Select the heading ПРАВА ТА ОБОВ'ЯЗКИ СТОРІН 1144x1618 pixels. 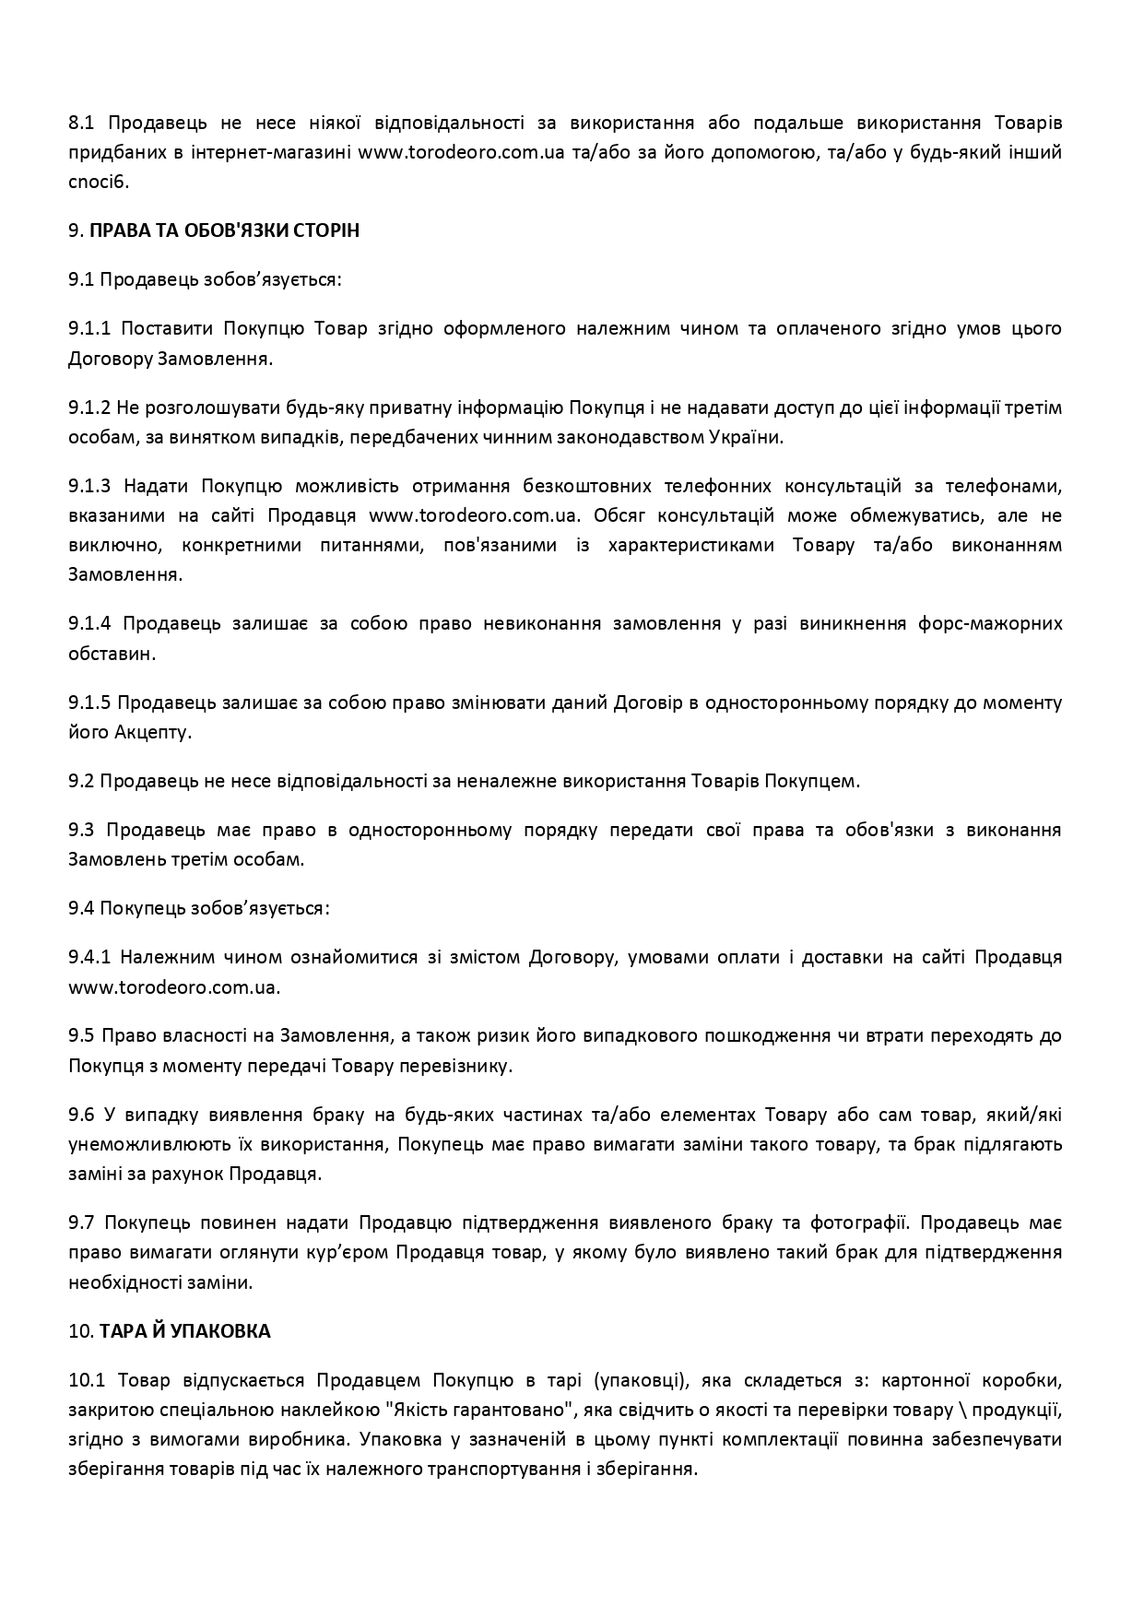(x=224, y=230)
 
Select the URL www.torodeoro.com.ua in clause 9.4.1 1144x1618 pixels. (x=172, y=987)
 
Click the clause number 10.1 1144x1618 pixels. (x=88, y=1381)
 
